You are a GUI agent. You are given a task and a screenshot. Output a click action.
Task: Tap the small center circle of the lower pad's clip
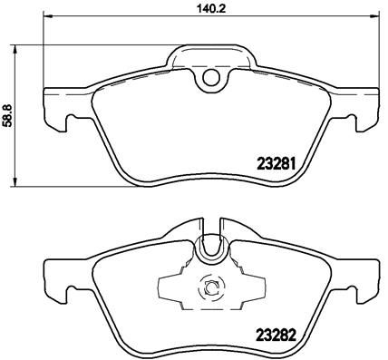(x=210, y=289)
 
